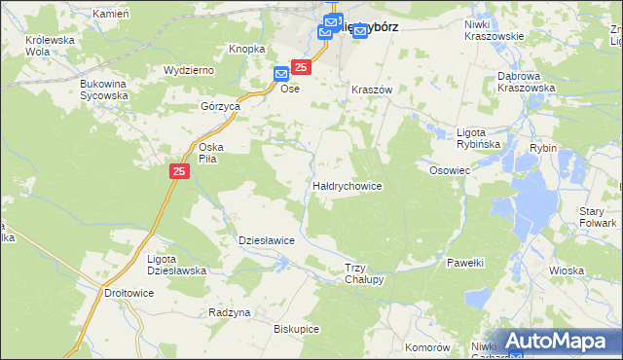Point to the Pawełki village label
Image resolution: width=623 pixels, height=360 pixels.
[465, 263]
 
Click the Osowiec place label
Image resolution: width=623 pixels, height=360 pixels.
[450, 169]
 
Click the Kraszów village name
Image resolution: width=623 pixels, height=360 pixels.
[371, 89]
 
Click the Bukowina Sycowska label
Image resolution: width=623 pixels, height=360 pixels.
[104, 90]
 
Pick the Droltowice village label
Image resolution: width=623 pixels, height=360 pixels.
[128, 292]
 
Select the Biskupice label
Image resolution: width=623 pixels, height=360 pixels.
[297, 329]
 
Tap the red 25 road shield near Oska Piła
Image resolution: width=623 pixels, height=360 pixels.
[179, 171]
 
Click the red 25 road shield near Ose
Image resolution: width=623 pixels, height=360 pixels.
[301, 66]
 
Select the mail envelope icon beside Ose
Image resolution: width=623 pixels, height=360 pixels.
[280, 73]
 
